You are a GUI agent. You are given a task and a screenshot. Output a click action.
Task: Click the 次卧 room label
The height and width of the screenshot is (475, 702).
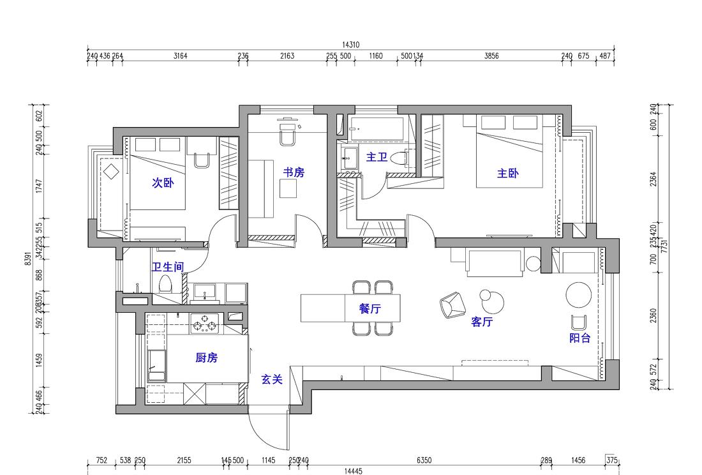coord(162,183)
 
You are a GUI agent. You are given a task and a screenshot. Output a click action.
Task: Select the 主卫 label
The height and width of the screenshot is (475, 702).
coord(377,156)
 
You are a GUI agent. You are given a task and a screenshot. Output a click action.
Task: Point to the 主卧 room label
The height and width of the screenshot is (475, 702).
coord(508,173)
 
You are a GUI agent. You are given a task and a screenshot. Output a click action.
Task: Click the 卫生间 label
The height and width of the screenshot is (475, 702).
coord(167,268)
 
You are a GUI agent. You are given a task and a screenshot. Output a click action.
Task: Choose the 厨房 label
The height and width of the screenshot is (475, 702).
coord(206,358)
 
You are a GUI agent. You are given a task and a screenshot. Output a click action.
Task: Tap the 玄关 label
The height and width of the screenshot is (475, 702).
coord(272,379)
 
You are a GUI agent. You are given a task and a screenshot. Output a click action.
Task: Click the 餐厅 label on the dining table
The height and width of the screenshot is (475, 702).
coord(370,309)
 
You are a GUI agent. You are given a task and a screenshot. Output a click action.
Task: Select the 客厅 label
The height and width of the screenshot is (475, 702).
coord(482,322)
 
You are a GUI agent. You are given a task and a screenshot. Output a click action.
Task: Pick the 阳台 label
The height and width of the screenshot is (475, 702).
coord(579,338)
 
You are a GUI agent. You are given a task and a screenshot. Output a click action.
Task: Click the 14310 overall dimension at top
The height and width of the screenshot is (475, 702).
coord(350,45)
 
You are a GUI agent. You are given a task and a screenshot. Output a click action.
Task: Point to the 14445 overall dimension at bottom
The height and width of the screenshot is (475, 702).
coord(353,471)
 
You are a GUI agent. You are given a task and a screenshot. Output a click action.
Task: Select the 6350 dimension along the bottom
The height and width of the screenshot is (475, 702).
coord(424,460)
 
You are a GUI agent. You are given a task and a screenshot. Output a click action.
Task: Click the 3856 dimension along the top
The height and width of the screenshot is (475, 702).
coord(491,56)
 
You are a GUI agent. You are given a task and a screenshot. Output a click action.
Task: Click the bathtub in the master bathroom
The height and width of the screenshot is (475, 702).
coord(377,128)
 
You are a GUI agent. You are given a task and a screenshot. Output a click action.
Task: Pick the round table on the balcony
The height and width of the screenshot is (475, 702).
coord(579,294)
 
